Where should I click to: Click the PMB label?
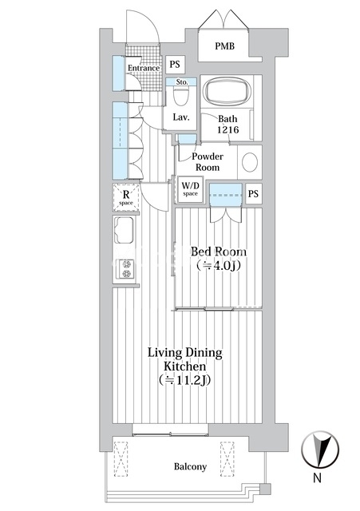tap(224, 46)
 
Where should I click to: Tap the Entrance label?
tap(144, 68)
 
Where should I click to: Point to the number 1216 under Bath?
tap(228, 129)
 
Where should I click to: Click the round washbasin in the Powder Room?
tap(250, 162)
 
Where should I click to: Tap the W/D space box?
tap(190, 189)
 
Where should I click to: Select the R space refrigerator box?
tap(126, 197)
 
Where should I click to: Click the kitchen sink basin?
tap(124, 230)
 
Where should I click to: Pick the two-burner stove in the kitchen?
tap(126, 268)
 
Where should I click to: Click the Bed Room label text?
tap(218, 252)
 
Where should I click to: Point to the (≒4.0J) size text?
tap(219, 266)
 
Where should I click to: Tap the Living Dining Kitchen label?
tap(185, 359)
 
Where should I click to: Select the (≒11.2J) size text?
tap(184, 380)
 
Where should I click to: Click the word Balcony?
tap(190, 466)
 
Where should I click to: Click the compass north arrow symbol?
tap(320, 450)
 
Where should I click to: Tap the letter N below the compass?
tap(317, 477)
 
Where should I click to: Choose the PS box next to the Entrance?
tap(175, 64)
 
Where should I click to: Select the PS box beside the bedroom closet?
tap(254, 193)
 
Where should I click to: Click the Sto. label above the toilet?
tap(182, 81)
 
